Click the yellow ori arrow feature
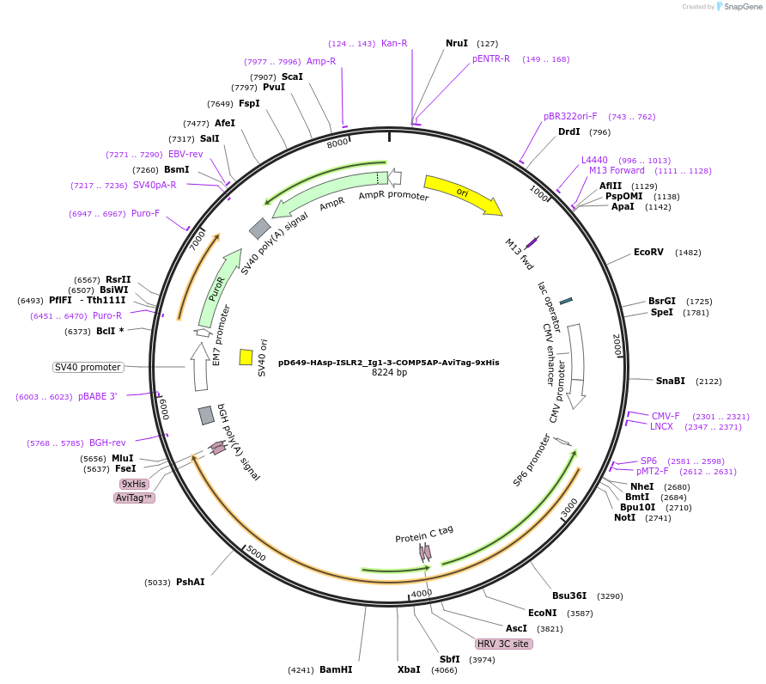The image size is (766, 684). [462, 193]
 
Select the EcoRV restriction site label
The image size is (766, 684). [648, 253]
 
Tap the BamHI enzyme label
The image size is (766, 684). [336, 669]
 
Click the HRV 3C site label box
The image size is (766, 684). [504, 644]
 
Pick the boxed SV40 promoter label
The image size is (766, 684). [88, 367]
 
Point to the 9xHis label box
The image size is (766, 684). [134, 484]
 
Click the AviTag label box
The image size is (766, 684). [134, 498]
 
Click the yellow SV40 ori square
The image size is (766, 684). [246, 357]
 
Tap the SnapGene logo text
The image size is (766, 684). [744, 7]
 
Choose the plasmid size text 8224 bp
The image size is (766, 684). [389, 373]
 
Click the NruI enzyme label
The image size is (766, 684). [457, 43]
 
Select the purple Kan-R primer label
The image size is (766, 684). [394, 43]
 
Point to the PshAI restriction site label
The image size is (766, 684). [191, 582]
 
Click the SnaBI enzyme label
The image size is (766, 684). [671, 381]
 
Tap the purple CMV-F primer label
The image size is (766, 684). [666, 416]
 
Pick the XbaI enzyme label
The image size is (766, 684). [409, 669]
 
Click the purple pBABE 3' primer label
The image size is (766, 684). [97, 397]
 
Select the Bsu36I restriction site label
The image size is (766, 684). [569, 595]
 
